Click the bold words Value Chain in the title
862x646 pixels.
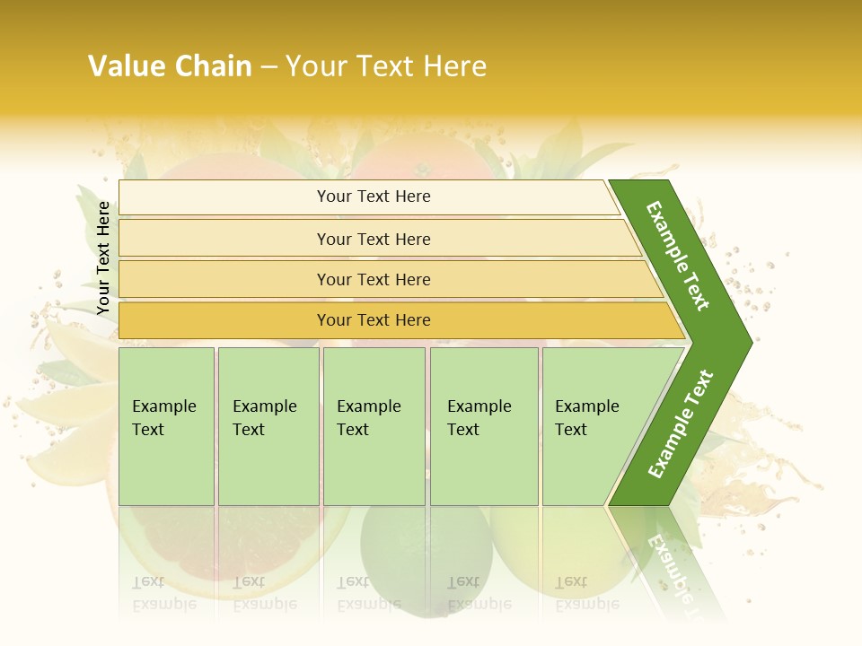(170, 66)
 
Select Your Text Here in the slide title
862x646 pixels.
(386, 66)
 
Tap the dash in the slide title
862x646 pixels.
(268, 67)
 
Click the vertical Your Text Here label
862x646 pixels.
(103, 258)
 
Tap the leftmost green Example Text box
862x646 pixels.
(166, 426)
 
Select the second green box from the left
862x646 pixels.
(268, 426)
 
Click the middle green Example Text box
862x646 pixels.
(374, 426)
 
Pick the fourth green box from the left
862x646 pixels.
(484, 426)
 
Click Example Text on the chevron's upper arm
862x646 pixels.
(678, 256)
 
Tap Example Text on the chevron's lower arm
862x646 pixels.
(681, 424)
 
